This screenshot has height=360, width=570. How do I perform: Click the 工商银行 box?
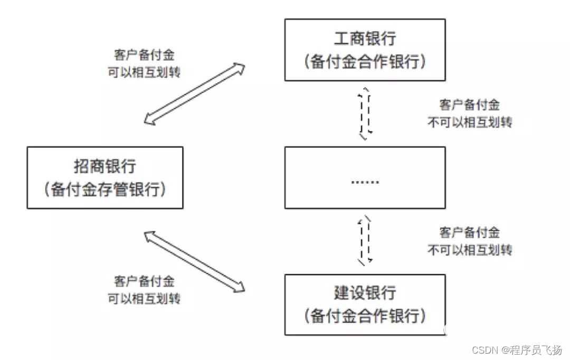[365, 50]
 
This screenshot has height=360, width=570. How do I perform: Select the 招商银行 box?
[104, 177]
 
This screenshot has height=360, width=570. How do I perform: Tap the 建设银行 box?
[365, 305]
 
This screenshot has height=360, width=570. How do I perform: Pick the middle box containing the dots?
[365, 177]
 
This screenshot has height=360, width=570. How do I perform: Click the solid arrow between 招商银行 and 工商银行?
[195, 94]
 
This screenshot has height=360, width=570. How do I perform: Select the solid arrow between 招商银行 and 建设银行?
[195, 261]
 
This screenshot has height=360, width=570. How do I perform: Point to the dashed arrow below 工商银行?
[365, 113]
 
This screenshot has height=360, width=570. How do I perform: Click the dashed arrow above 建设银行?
[365, 240]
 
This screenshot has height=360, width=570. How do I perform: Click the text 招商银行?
[104, 166]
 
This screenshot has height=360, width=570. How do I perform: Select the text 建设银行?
[365, 293]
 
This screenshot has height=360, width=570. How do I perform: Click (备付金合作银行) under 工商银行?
[365, 61]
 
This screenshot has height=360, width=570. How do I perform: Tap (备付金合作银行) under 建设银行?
[365, 316]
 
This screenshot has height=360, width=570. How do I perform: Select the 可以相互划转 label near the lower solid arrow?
[144, 299]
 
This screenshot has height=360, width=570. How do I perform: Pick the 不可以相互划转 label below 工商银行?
[469, 122]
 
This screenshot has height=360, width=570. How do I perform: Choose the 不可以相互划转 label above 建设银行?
[469, 249]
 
